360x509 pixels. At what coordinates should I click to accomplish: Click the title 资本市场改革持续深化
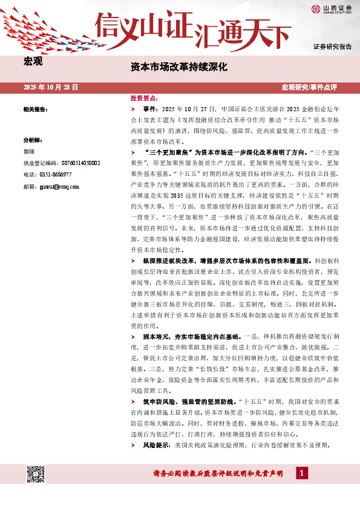pos(179,67)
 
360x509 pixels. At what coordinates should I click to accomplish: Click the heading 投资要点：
pos(144,98)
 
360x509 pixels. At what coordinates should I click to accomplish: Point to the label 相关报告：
pos(35,109)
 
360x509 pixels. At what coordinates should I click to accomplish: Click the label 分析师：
pos(32,139)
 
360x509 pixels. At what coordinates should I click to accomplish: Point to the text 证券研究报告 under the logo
pos(332,47)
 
